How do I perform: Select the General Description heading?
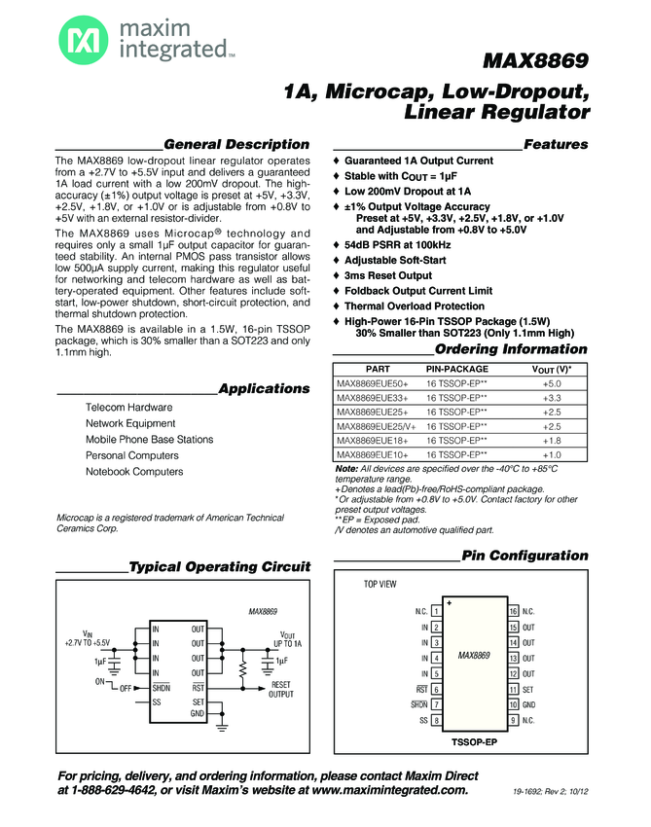click(236, 144)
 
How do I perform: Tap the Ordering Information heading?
click(511, 349)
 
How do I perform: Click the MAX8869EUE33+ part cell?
click(373, 398)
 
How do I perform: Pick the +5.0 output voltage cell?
click(552, 384)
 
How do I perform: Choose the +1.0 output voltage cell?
click(552, 454)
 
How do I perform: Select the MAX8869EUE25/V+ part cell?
click(379, 426)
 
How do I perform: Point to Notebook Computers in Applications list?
click(134, 472)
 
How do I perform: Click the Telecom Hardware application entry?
click(129, 407)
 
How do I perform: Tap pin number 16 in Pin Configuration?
click(513, 611)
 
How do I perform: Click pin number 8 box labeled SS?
click(436, 720)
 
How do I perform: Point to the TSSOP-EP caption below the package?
click(474, 742)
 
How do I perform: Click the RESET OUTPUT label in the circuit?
click(281, 690)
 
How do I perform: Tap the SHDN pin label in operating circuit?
click(162, 687)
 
